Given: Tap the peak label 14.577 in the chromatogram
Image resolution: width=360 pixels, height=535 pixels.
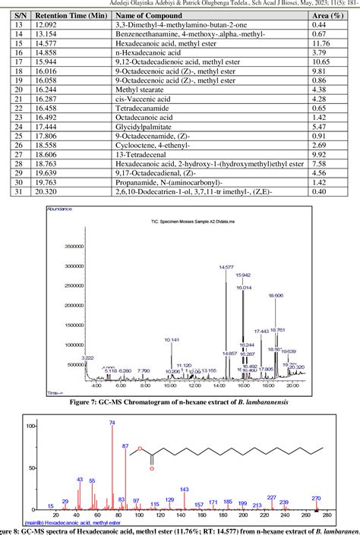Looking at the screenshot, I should click(x=226, y=267).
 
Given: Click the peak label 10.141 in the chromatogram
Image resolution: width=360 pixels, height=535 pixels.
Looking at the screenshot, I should click(x=172, y=339).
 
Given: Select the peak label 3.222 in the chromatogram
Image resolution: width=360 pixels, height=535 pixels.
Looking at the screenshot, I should click(x=88, y=357).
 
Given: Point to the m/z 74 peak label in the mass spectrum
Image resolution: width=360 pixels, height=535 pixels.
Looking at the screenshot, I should click(x=112, y=422).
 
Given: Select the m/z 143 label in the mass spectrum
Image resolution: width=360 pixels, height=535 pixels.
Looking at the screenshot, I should click(x=184, y=489).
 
